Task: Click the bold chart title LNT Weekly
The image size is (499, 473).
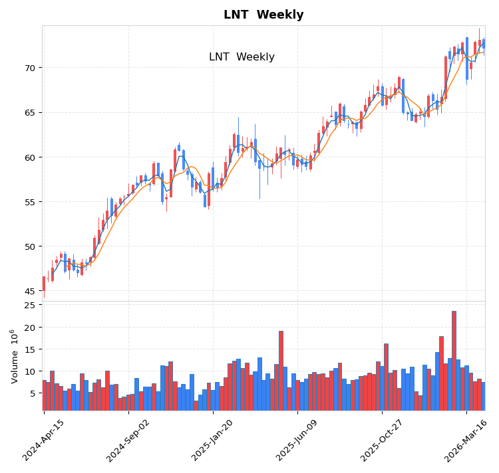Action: (263, 15)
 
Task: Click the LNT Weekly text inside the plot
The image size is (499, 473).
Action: (242, 57)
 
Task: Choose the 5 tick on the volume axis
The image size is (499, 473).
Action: (31, 393)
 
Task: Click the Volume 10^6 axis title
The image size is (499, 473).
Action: (14, 356)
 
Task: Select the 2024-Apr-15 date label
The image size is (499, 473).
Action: (44, 440)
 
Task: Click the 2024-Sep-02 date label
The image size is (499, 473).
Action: (128, 440)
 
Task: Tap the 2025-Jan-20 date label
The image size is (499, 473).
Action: (213, 440)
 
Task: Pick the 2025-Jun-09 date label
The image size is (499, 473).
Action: (297, 440)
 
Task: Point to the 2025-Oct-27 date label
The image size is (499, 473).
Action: (382, 440)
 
